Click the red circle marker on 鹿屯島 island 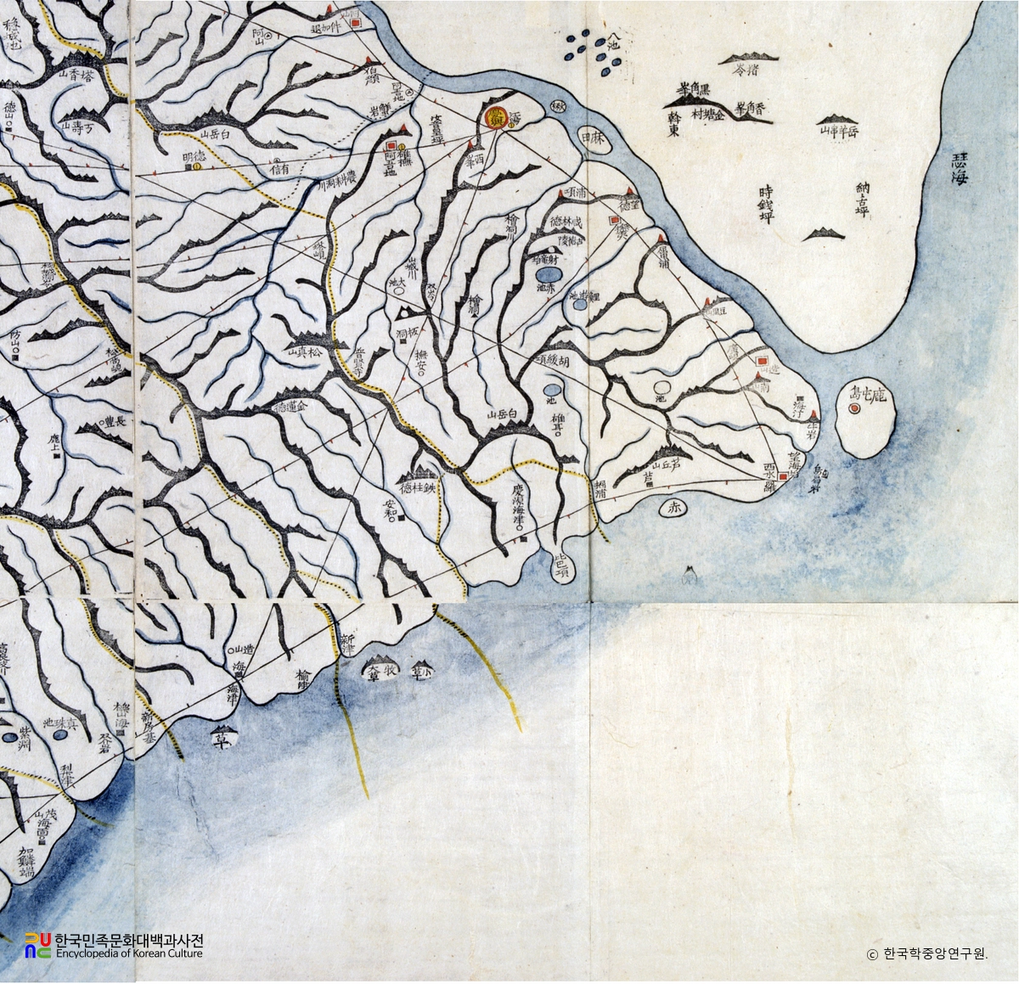(x=855, y=408)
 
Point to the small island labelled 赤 (x=675, y=508)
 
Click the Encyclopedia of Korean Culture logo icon (x=37, y=945)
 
